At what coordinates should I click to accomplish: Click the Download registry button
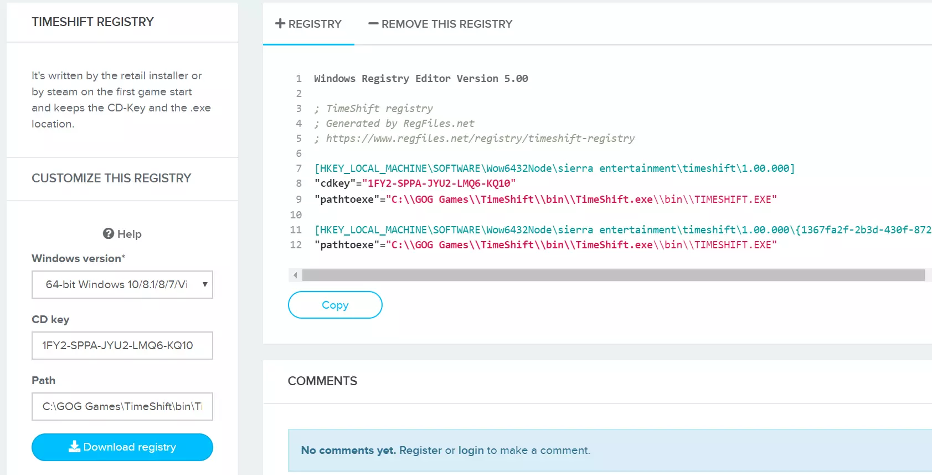[x=122, y=447]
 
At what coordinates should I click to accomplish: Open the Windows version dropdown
[x=122, y=284]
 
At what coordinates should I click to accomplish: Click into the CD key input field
[x=122, y=345]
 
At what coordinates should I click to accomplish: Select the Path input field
[x=122, y=406]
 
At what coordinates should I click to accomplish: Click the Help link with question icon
[x=122, y=234]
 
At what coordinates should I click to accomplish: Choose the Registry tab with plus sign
[x=308, y=24]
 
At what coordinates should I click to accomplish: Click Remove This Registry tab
[x=440, y=24]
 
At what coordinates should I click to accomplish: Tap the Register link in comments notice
[x=420, y=451]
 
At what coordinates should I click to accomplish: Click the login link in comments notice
[x=471, y=451]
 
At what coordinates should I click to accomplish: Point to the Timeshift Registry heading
[x=92, y=22]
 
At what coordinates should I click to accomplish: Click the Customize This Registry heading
[x=111, y=178]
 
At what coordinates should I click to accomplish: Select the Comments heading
[x=322, y=381]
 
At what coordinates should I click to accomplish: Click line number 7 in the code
[x=298, y=168]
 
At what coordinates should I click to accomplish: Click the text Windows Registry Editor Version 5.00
[x=421, y=79]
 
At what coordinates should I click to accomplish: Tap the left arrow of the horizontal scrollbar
[x=295, y=275]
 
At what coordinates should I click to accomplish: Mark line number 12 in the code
[x=296, y=245]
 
